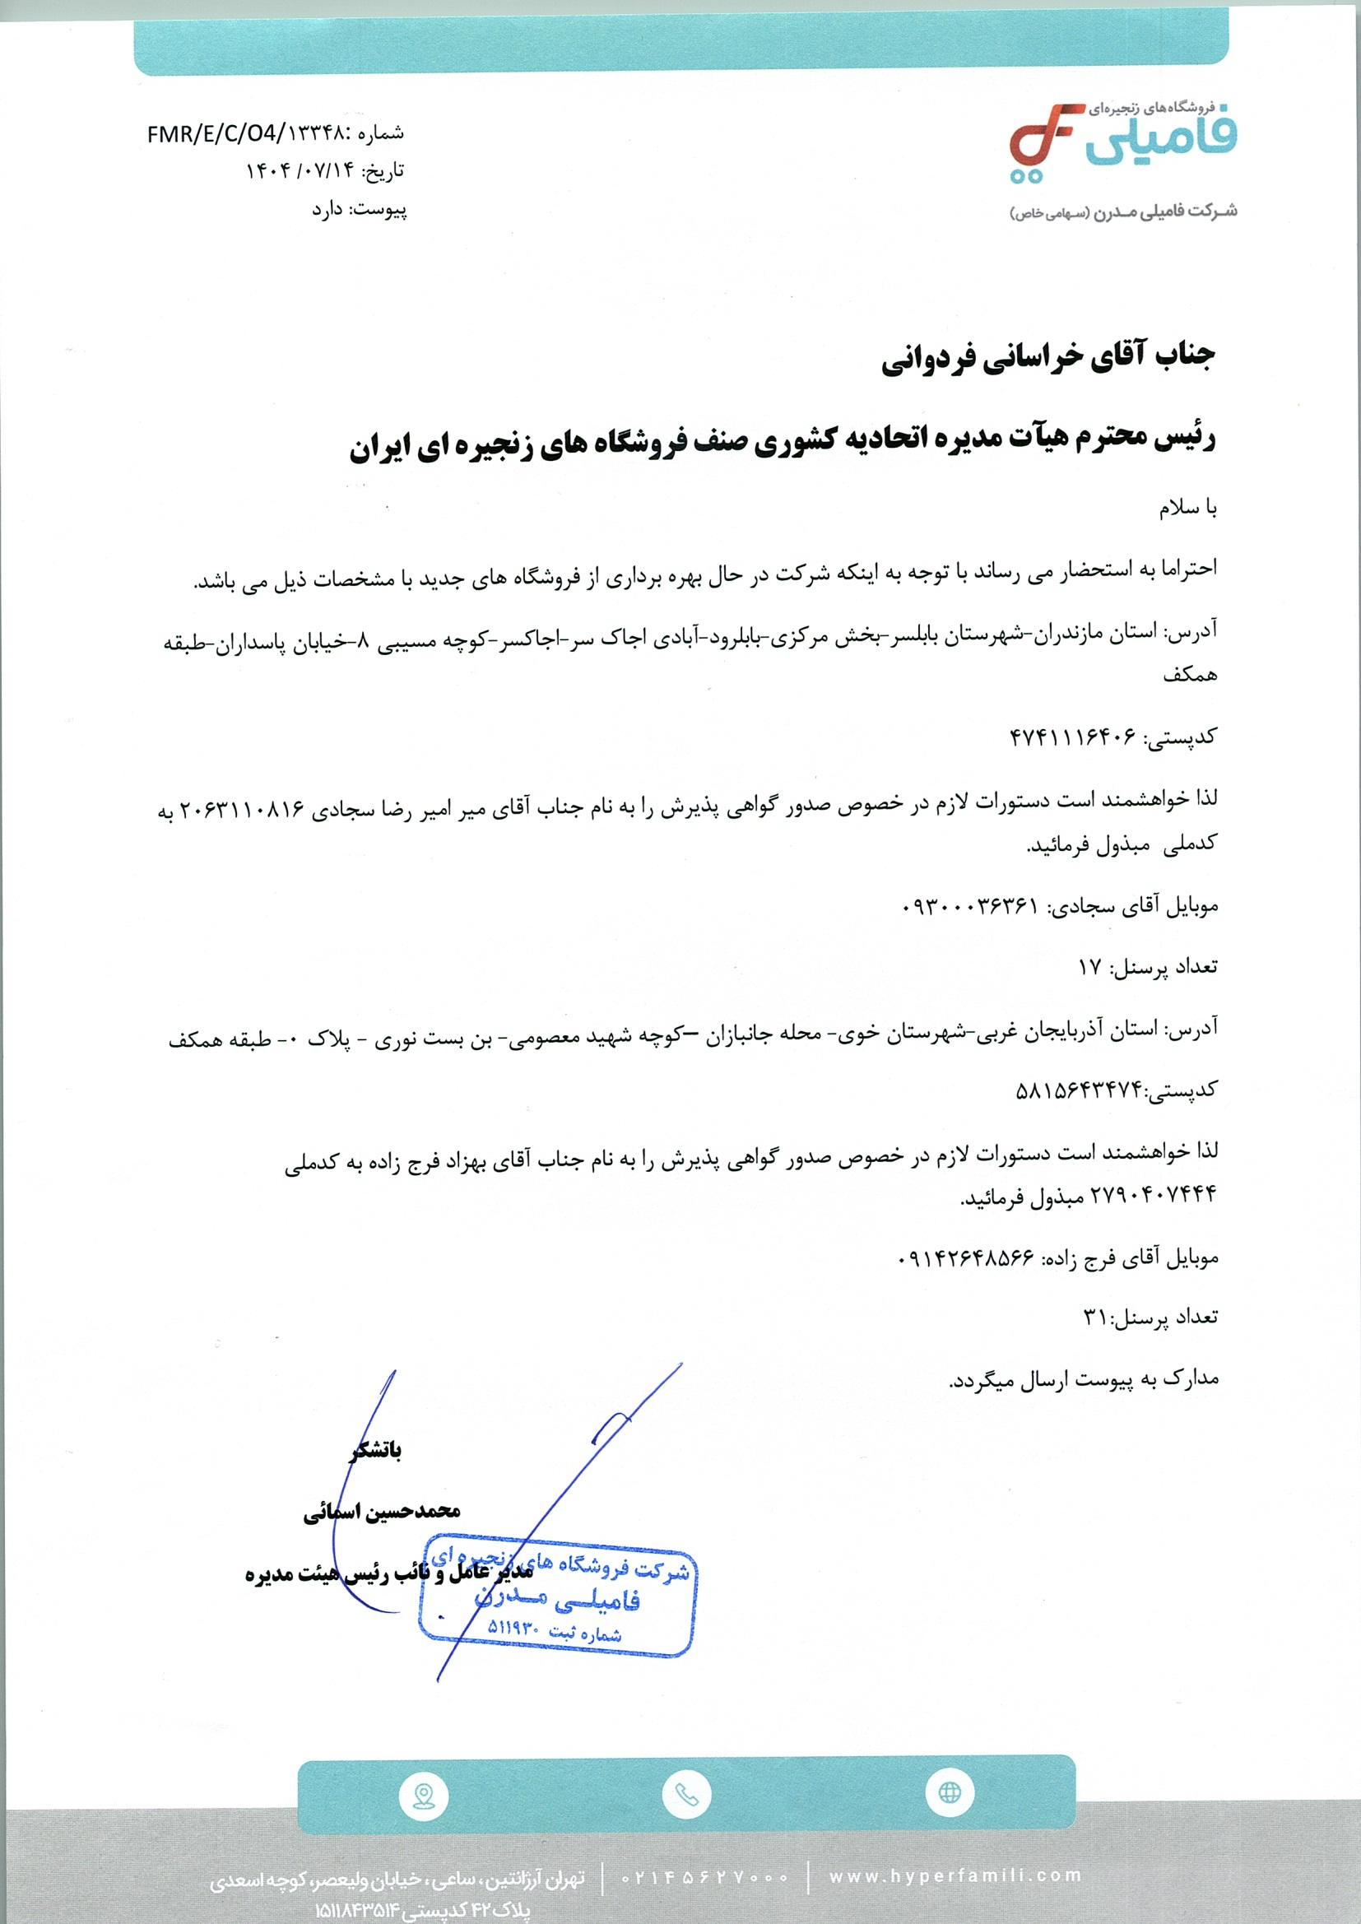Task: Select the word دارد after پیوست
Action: (x=329, y=210)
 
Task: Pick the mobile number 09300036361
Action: (x=969, y=906)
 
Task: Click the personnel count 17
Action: (x=1090, y=967)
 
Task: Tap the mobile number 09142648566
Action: (x=964, y=1257)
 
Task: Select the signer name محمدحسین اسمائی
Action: (x=381, y=1512)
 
